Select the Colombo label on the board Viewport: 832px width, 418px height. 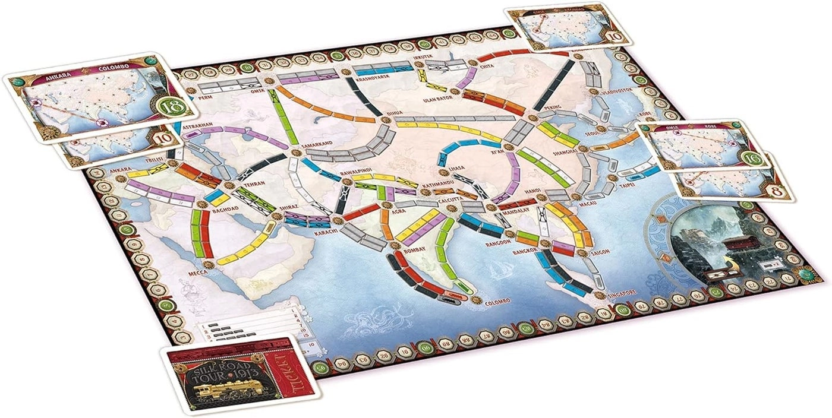(x=497, y=302)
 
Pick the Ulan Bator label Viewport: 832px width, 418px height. (x=440, y=99)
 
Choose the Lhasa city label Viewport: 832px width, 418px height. (x=456, y=168)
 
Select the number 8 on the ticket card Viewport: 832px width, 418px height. (x=780, y=190)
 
